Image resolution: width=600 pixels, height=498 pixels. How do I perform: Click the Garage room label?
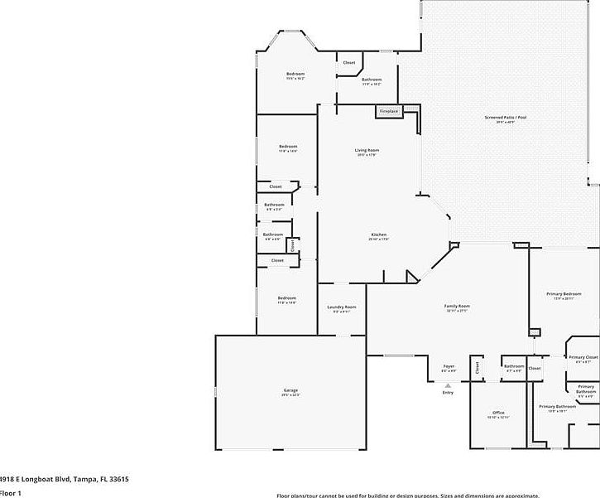pos(290,390)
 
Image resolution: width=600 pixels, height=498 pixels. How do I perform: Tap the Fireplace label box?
pos(389,111)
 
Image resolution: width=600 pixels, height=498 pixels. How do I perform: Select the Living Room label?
pos(367,150)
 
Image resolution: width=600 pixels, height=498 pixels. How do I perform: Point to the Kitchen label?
pos(378,235)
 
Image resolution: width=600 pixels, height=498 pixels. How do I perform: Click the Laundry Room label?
pos(342,307)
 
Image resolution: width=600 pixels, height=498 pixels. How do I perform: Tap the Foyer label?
pos(449,366)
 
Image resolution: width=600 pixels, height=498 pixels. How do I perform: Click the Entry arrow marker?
pos(448,385)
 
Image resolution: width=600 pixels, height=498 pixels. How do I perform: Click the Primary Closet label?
pos(583,357)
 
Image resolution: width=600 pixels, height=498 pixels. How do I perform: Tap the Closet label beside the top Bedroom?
pos(349,63)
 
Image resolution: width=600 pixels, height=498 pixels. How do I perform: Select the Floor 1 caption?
pos(11,493)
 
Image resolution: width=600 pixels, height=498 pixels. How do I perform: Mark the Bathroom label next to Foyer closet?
pos(514,366)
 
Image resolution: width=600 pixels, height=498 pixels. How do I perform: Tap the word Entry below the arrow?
pos(448,393)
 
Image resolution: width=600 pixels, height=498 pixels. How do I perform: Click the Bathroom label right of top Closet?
pos(372,80)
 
